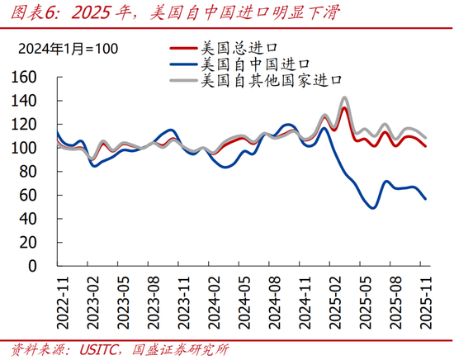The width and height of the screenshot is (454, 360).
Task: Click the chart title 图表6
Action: [33, 12]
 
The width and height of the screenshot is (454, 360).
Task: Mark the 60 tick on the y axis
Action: [30, 196]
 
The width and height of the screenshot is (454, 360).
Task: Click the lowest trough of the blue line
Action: [373, 207]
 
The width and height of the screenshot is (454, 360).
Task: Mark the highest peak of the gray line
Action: [344, 97]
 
